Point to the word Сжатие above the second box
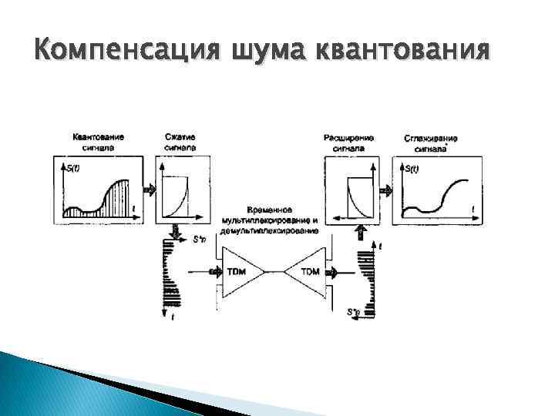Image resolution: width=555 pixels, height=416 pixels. (180, 137)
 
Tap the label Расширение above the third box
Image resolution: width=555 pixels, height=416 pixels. (350, 137)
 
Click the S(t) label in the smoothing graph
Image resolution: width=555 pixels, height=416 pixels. (410, 169)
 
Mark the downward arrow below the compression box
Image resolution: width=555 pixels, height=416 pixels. (176, 232)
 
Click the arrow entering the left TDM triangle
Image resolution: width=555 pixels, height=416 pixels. (214, 272)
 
